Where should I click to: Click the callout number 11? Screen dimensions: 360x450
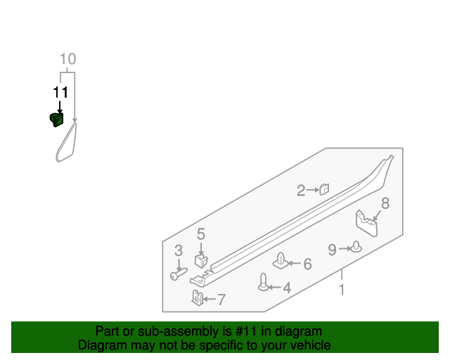(60, 92)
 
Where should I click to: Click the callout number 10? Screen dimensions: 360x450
(67, 59)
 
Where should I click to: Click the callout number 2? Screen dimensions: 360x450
(301, 190)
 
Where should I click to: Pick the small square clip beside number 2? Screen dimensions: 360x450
(324, 188)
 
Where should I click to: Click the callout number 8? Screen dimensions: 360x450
(385, 204)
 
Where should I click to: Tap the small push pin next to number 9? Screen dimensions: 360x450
(356, 247)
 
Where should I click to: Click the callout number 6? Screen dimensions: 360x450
(307, 264)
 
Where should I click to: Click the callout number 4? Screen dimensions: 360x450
(286, 287)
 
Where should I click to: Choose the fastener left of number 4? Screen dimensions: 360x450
(264, 283)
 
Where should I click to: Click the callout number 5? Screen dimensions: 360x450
(200, 234)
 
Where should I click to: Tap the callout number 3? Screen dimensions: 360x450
(179, 250)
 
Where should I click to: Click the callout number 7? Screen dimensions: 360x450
(221, 300)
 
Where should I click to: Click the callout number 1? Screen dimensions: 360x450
(342, 289)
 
